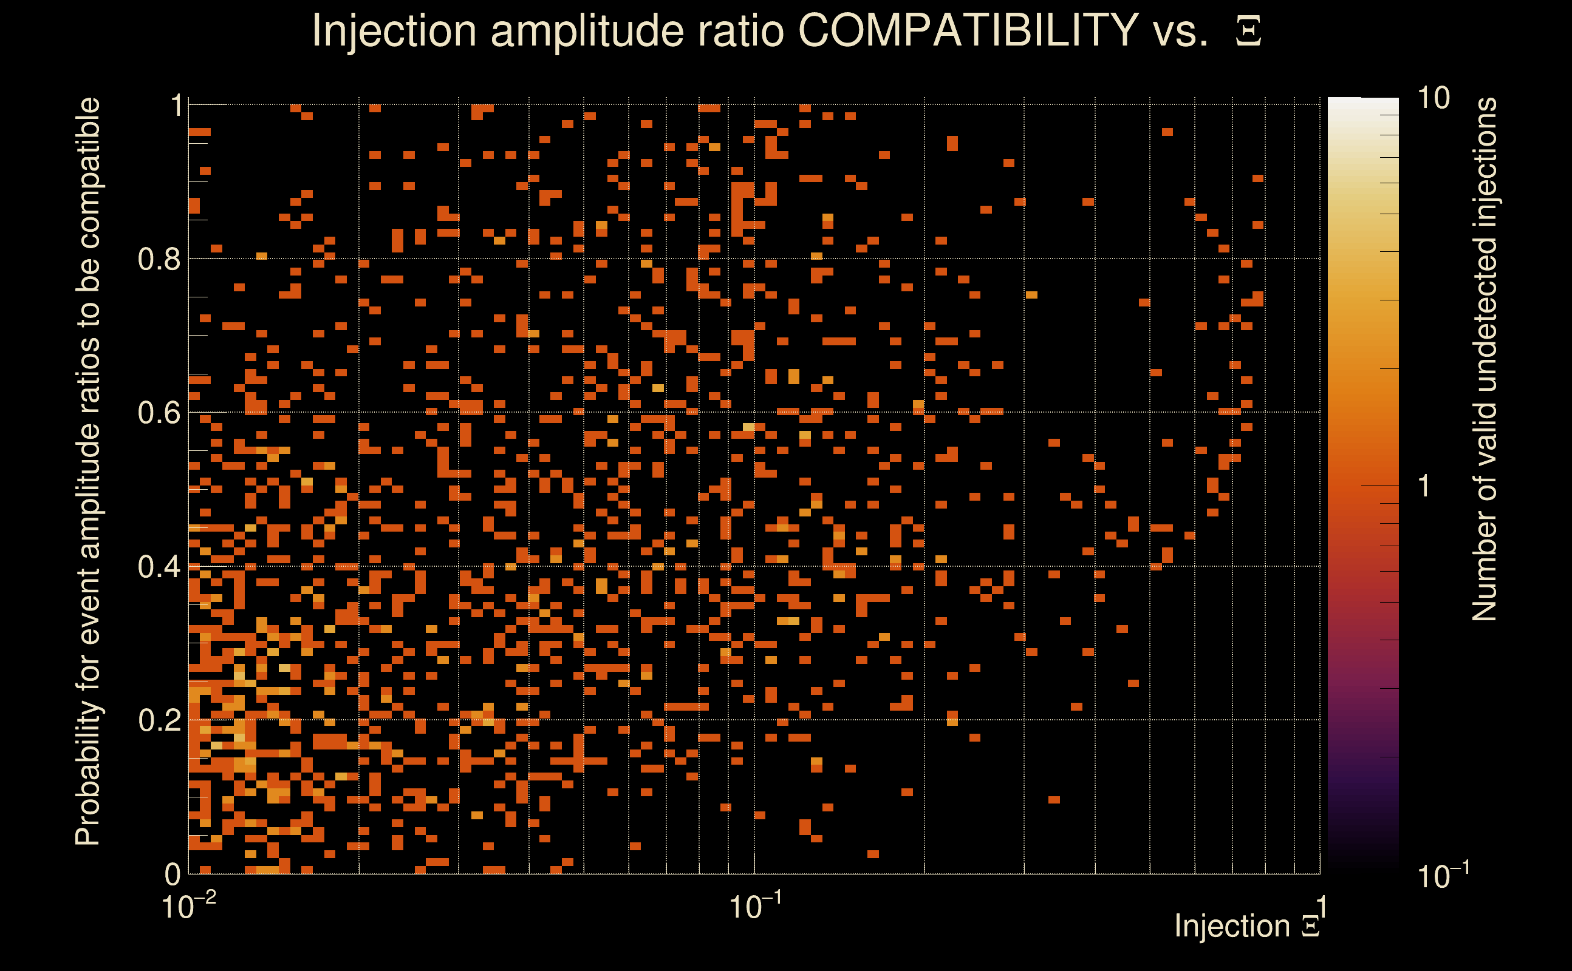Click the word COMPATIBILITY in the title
tap(968, 30)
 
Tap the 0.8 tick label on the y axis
tap(159, 260)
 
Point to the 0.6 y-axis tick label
tap(159, 413)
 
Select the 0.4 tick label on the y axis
tap(159, 567)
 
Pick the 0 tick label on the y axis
tap(173, 874)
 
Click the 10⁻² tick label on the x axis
tap(188, 906)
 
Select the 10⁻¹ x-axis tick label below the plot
tap(755, 906)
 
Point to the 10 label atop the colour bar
tap(1433, 98)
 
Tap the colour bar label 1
tap(1424, 486)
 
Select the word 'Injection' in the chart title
tap(394, 30)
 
